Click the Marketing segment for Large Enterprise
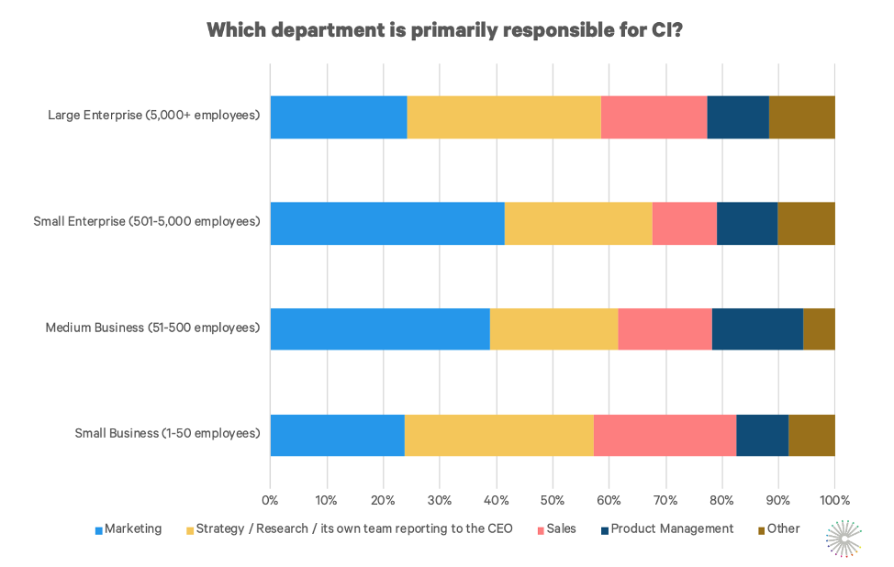pyautogui.click(x=338, y=117)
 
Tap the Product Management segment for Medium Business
pyautogui.click(x=757, y=328)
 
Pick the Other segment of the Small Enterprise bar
pyautogui.click(x=806, y=223)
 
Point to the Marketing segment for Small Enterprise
pyautogui.click(x=386, y=223)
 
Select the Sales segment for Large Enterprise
pyautogui.click(x=654, y=117)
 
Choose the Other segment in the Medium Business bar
pyautogui.click(x=819, y=328)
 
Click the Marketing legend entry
pyautogui.click(x=128, y=528)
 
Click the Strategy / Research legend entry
pyautogui.click(x=348, y=528)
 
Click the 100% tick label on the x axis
pyautogui.click(x=834, y=500)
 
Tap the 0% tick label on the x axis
pyautogui.click(x=270, y=500)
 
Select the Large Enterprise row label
pyautogui.click(x=153, y=116)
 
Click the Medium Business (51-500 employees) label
pyautogui.click(x=152, y=328)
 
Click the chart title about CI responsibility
pyautogui.click(x=444, y=29)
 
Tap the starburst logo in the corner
pyautogui.click(x=844, y=538)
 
